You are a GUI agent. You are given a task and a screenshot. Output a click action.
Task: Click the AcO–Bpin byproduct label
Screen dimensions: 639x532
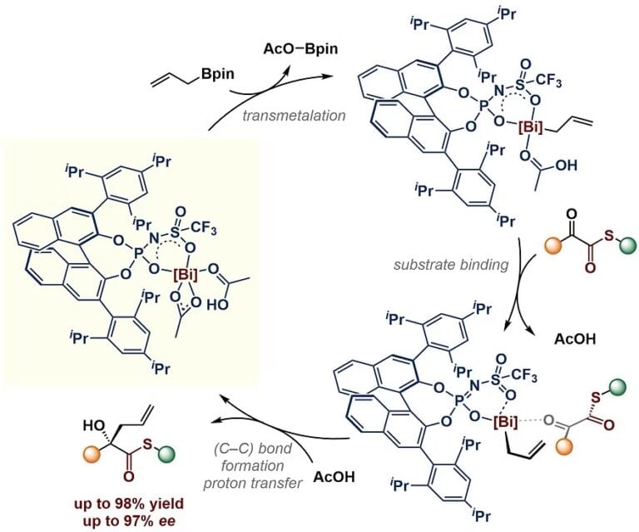coord(300,49)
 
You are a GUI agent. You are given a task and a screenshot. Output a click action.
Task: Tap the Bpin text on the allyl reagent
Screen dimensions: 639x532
coord(217,74)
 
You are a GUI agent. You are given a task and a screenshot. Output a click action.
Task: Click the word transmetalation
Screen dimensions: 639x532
coord(294,116)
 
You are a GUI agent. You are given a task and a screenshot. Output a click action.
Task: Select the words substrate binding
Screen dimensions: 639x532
coord(451,265)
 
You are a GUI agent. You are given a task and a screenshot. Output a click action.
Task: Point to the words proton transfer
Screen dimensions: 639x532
coord(253,484)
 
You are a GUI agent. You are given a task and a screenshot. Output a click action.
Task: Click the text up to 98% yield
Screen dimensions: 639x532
coord(129,504)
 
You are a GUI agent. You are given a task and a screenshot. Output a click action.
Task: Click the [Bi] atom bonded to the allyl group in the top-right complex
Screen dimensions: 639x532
coord(531,128)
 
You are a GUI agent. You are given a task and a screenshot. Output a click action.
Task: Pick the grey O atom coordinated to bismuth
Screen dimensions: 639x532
coord(549,420)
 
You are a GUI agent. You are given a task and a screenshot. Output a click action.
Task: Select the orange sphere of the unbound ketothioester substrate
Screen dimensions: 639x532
coord(553,246)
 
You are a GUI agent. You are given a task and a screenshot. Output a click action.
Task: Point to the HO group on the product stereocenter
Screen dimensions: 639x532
coord(92,426)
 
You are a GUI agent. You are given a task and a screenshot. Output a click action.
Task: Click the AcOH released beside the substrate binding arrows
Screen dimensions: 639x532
coord(575,339)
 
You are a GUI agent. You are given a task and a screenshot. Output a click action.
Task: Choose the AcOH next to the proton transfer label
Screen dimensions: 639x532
coord(334,476)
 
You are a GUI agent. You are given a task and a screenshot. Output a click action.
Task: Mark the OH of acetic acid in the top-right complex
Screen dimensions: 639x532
coord(567,165)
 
